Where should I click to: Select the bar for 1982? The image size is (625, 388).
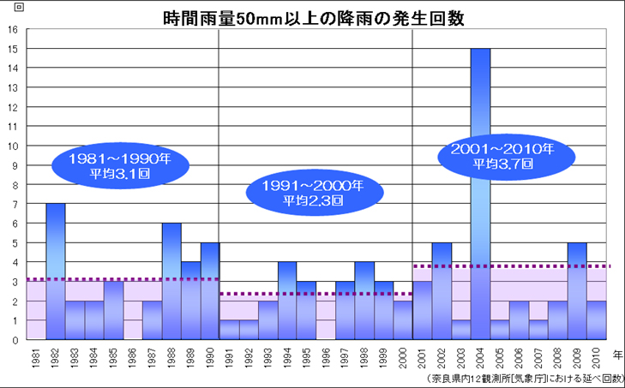pyautogui.click(x=56, y=272)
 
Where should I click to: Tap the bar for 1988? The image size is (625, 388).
pyautogui.click(x=171, y=281)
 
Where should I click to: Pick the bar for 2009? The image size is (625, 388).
pyautogui.click(x=577, y=291)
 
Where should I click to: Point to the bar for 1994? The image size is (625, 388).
pyautogui.click(x=287, y=301)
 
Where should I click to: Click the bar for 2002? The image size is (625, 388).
pyautogui.click(x=442, y=291)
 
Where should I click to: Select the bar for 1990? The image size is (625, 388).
pyautogui.click(x=210, y=291)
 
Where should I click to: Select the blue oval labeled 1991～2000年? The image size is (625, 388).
pyautogui.click(x=307, y=194)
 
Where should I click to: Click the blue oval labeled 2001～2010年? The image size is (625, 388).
pyautogui.click(x=496, y=156)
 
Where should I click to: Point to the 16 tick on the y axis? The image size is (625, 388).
pyautogui.click(x=13, y=29)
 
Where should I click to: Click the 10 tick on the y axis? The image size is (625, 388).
pyautogui.click(x=13, y=146)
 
